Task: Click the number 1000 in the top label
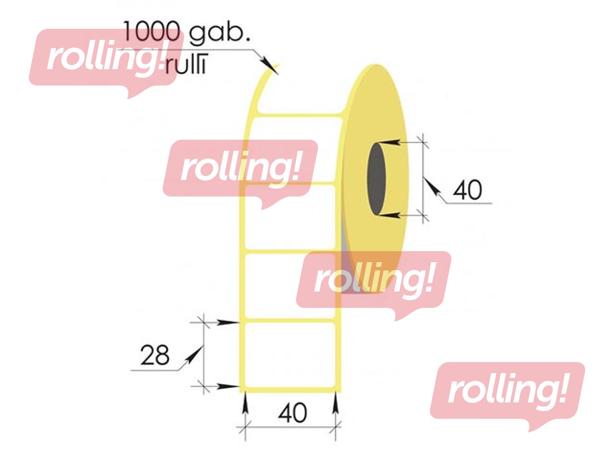151,32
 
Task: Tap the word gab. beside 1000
219,34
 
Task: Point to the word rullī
186,65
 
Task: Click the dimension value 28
154,355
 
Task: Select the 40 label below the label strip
293,413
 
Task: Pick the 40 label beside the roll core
467,190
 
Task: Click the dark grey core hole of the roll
376,179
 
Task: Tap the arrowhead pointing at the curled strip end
270,66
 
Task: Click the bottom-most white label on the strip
290,355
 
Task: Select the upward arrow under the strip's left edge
245,403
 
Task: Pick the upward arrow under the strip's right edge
336,403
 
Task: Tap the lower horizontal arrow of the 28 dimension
228,387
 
